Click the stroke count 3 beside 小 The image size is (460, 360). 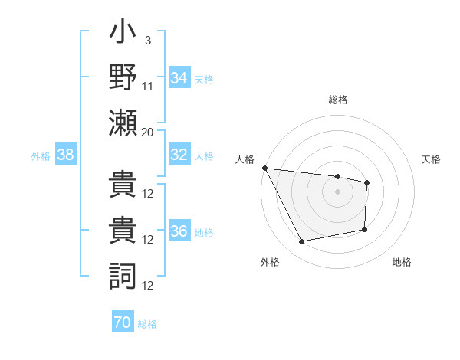[147, 40]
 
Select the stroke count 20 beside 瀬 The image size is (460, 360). [148, 132]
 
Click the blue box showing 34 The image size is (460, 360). [179, 77]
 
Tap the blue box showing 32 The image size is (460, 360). [179, 155]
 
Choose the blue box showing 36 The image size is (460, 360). [179, 231]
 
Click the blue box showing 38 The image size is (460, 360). [66, 155]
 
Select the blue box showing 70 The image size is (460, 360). [123, 322]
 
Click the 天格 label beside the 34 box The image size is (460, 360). [204, 79]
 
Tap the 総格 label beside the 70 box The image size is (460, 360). [147, 324]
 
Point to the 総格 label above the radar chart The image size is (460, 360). [338, 100]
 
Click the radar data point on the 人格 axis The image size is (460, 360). [264, 168]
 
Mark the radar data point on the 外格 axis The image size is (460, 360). [302, 242]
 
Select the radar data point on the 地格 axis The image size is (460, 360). [365, 229]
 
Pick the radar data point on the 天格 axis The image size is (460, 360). [367, 182]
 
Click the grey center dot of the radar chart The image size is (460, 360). [338, 191]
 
